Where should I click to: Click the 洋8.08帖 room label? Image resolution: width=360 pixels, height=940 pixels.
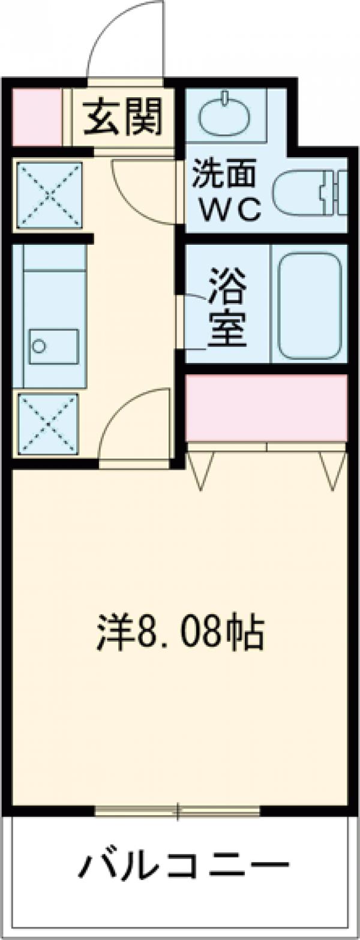point(179,631)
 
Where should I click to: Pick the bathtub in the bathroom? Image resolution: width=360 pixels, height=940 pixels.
point(310,305)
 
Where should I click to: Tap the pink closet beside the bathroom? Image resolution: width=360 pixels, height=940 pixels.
point(266,409)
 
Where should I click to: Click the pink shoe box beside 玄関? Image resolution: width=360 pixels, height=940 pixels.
point(36,116)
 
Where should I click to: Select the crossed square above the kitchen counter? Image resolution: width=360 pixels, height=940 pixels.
point(48,194)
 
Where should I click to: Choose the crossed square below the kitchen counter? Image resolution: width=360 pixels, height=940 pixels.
point(48,424)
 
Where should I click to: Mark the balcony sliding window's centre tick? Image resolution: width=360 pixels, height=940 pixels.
point(178,812)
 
